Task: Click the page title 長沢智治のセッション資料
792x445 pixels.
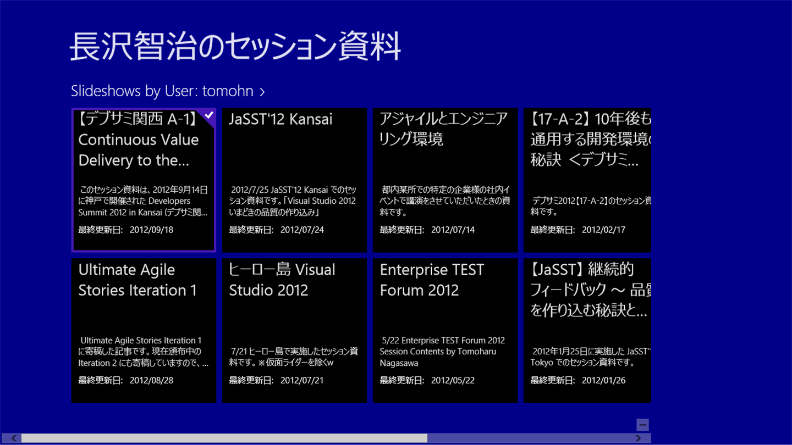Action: click(x=235, y=46)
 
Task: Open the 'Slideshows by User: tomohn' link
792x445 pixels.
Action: click(x=168, y=91)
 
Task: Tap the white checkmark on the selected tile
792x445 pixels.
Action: click(x=209, y=115)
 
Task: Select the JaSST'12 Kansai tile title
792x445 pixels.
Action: click(x=280, y=119)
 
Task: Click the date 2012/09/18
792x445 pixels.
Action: click(x=151, y=230)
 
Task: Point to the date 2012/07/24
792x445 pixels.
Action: click(x=302, y=230)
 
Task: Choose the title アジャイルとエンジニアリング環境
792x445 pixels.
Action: click(x=443, y=129)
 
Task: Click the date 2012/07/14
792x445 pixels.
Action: click(x=453, y=230)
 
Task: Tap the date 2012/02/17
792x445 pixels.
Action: click(x=603, y=230)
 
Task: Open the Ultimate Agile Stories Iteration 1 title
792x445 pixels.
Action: click(x=137, y=280)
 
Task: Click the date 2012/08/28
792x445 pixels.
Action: click(x=151, y=380)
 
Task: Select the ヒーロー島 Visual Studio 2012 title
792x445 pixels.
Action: click(x=282, y=280)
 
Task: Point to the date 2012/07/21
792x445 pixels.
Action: click(x=302, y=380)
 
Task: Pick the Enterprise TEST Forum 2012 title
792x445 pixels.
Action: click(x=432, y=280)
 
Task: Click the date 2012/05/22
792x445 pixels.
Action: click(x=453, y=380)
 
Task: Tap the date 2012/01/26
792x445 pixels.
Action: click(x=603, y=380)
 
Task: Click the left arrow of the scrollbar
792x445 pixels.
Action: click(x=13, y=438)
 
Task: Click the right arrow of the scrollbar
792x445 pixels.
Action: click(x=638, y=438)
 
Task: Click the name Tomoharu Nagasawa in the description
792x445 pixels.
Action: click(x=438, y=357)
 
